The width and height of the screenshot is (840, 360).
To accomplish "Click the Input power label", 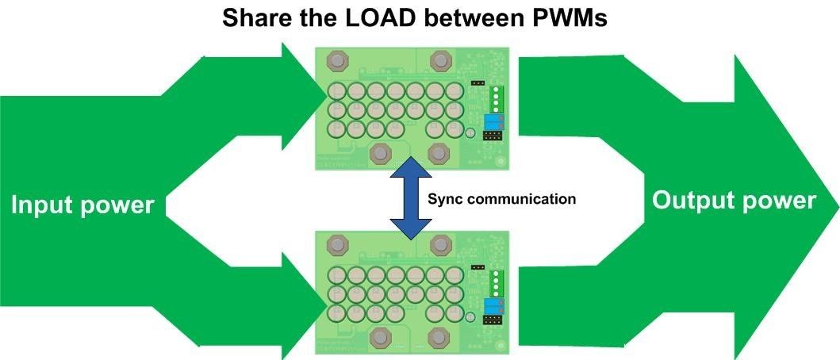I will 82,205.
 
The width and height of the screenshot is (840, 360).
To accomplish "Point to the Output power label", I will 734,201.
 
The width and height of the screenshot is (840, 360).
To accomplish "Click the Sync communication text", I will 501,200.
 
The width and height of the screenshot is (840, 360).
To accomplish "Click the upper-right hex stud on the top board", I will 440,60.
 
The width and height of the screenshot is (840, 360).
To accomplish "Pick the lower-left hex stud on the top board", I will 381,152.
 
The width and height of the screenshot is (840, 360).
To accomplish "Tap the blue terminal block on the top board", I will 495,121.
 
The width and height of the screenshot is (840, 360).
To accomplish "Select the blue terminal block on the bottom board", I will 494,307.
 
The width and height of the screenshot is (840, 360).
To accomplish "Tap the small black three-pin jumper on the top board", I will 478,82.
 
